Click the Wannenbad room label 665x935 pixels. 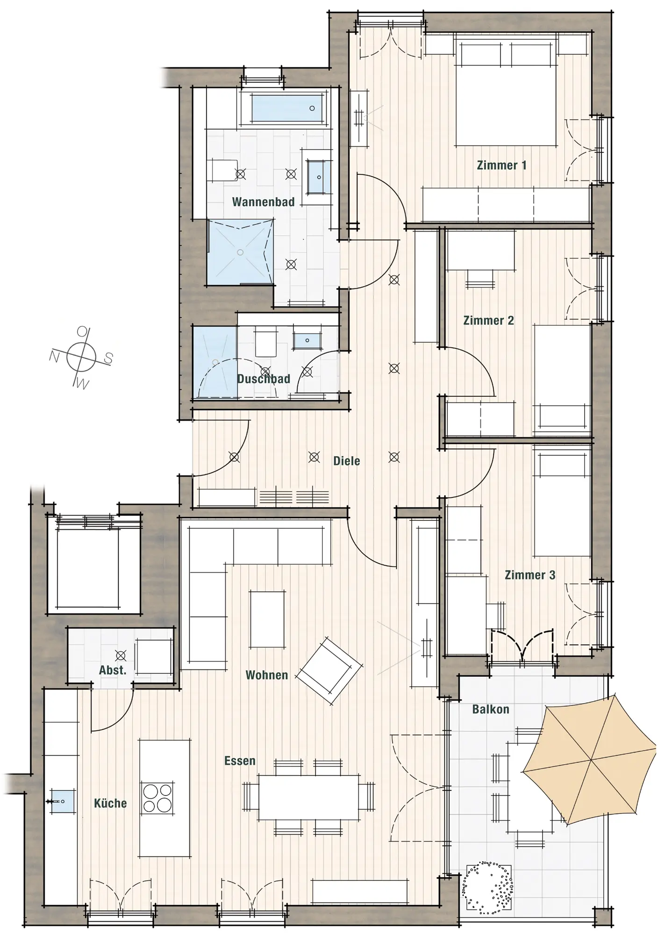coord(263,202)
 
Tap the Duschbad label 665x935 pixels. coord(264,379)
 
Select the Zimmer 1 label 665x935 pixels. coord(501,165)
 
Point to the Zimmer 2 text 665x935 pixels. coord(488,320)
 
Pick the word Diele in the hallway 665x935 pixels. coord(347,461)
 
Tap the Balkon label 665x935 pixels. coord(491,709)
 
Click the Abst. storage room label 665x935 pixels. coord(113,670)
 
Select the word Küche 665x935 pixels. coord(110,803)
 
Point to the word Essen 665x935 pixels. coord(240,761)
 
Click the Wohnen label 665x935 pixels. coord(267,675)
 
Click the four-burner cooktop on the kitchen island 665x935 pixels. coord(157,798)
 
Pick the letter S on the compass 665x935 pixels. coord(108,359)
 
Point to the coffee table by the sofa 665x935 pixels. coord(267,619)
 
